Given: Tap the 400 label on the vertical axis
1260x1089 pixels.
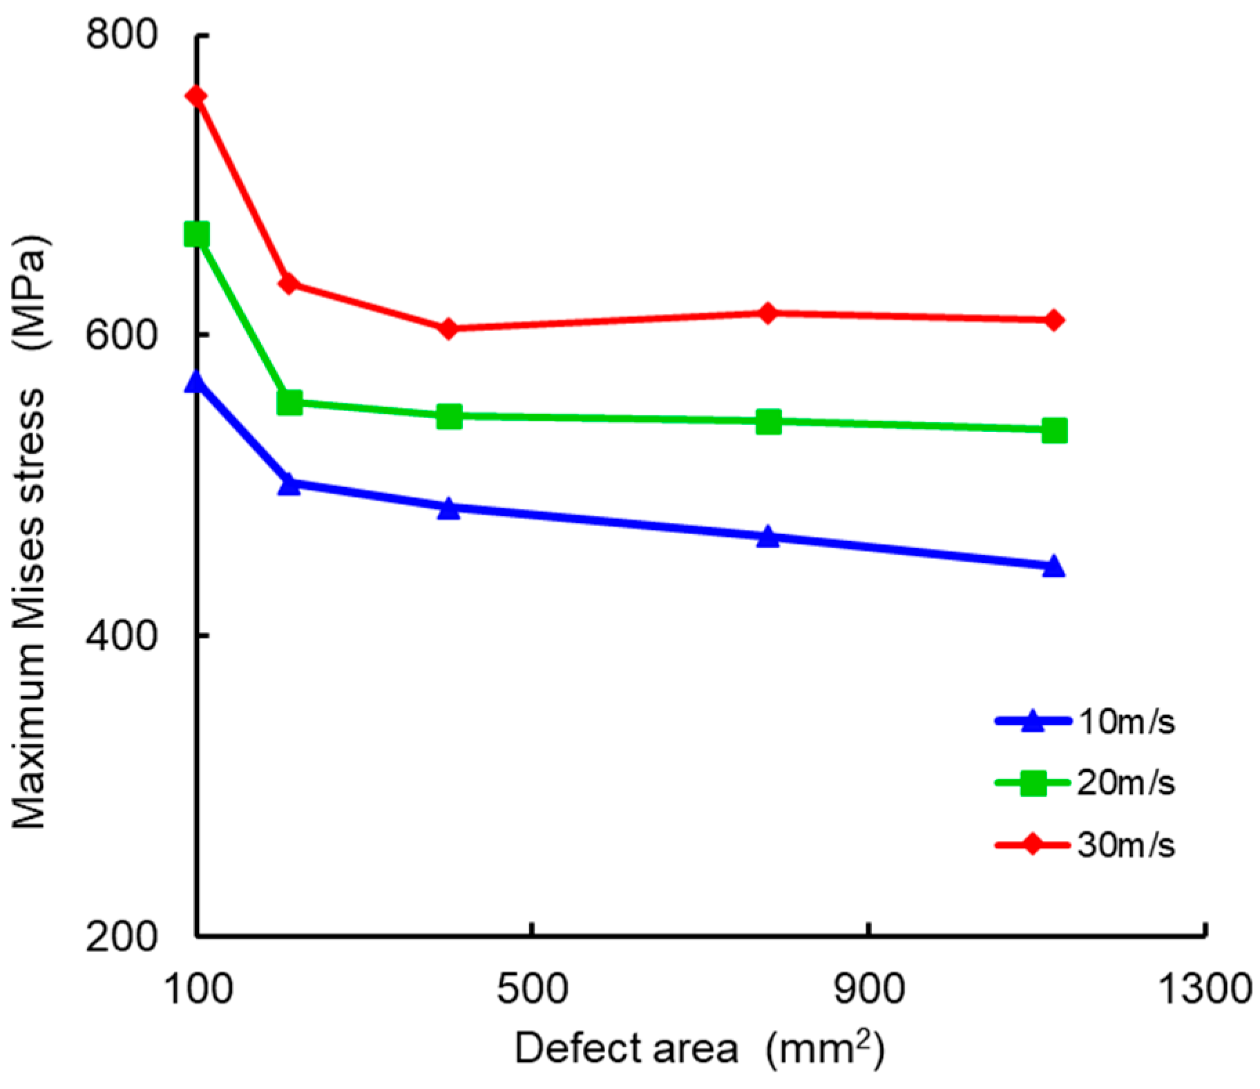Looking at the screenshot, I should click(x=122, y=635).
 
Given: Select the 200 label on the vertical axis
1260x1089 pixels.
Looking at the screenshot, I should click(x=122, y=936).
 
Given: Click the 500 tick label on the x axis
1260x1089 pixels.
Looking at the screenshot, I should click(x=532, y=989).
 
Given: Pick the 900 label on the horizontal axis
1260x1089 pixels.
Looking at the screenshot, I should click(x=868, y=989).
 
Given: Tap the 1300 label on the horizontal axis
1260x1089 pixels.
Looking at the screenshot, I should click(x=1204, y=989).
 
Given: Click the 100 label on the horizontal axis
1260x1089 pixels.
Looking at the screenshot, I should click(x=198, y=989).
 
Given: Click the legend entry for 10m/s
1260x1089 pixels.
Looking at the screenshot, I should click(x=1126, y=722).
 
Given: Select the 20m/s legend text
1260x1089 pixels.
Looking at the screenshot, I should click(x=1126, y=783).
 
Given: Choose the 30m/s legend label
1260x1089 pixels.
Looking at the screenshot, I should click(x=1126, y=844).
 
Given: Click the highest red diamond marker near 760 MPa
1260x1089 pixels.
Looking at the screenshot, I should click(x=197, y=96).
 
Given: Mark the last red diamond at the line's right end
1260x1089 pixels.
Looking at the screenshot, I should click(x=1053, y=320).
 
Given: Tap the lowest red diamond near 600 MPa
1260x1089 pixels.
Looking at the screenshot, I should click(x=448, y=328).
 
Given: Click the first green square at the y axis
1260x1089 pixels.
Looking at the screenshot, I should click(x=197, y=234).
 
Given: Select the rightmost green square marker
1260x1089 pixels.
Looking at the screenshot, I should click(x=1053, y=430).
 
